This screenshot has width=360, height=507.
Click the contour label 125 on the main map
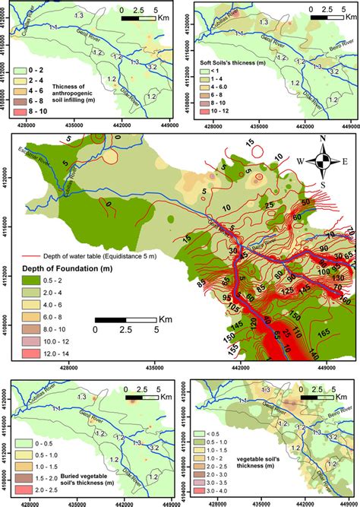point(289,292)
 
